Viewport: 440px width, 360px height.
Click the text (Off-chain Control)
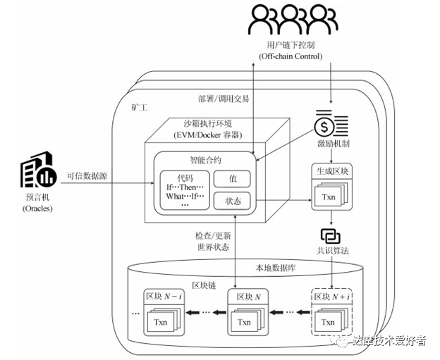291,56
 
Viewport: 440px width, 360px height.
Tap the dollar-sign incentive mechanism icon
331,124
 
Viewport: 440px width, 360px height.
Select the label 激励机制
334,144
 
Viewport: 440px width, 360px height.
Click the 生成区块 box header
332,171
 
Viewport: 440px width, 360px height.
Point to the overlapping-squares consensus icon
331,236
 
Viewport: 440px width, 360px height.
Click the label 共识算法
333,250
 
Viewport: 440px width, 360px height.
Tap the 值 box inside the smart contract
232,179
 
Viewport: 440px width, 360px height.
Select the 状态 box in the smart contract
232,201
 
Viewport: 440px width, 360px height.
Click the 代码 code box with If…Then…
185,190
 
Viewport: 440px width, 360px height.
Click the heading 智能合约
205,161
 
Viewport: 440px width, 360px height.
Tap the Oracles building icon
38,170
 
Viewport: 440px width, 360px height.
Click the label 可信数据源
87,176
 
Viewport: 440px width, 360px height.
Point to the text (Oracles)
37,209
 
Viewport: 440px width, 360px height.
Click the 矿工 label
140,107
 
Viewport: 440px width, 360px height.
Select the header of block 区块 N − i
164,297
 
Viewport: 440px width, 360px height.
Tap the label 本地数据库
275,268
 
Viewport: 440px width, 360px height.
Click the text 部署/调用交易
224,99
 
